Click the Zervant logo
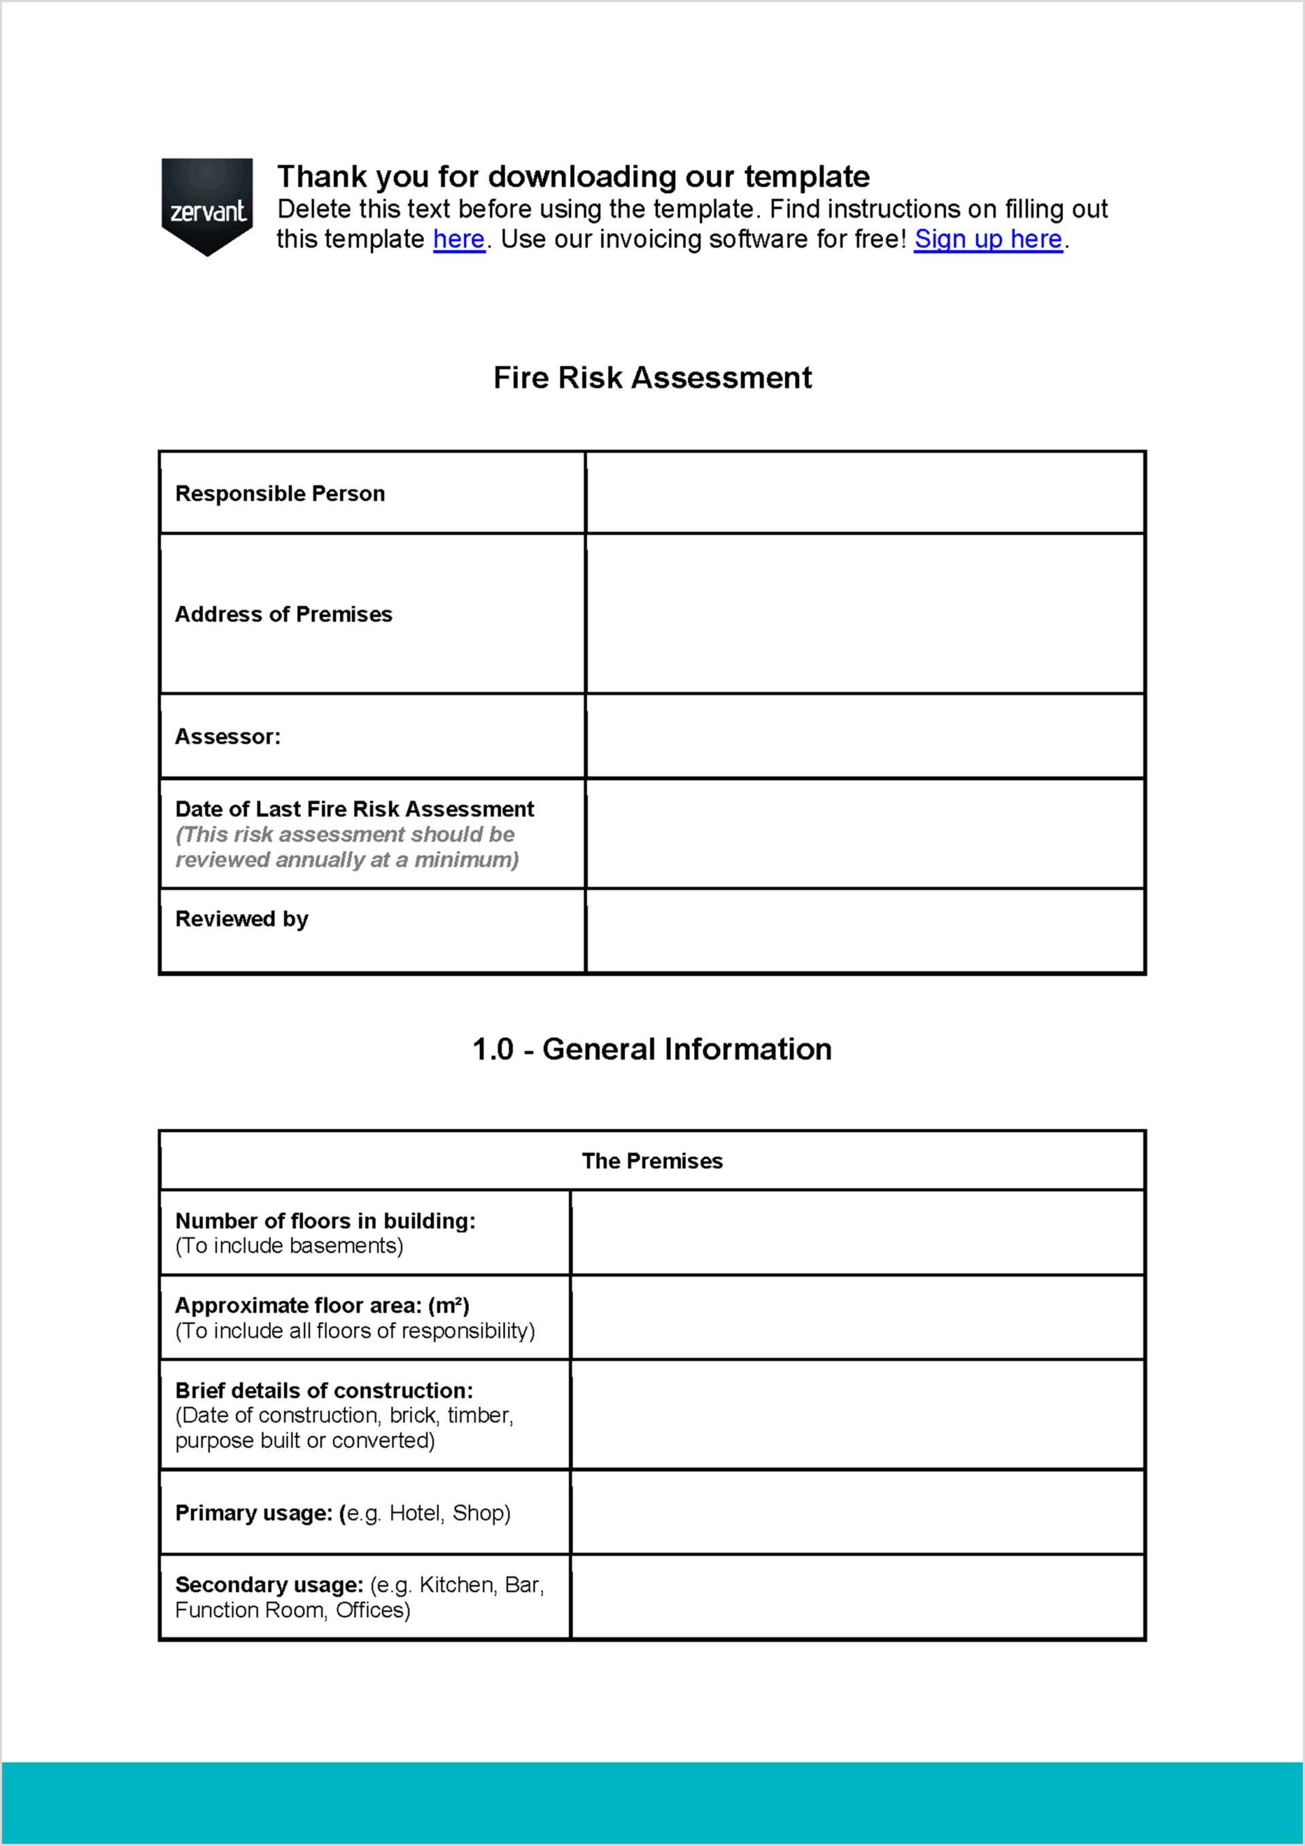(207, 207)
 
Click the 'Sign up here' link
(988, 240)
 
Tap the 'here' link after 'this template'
(458, 240)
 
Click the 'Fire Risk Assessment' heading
(652, 378)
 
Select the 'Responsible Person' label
(280, 493)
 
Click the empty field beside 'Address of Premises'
(865, 614)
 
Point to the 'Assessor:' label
(228, 737)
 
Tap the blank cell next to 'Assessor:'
(865, 737)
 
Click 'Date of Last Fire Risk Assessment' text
(355, 809)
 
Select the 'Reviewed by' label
(241, 919)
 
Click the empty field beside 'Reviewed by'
(865, 931)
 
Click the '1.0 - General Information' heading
(652, 1049)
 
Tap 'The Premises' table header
(652, 1161)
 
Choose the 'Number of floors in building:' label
(325, 1221)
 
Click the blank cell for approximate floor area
(857, 1317)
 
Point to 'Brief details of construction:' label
(324, 1391)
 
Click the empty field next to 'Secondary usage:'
(857, 1597)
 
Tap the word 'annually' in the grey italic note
(320, 860)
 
